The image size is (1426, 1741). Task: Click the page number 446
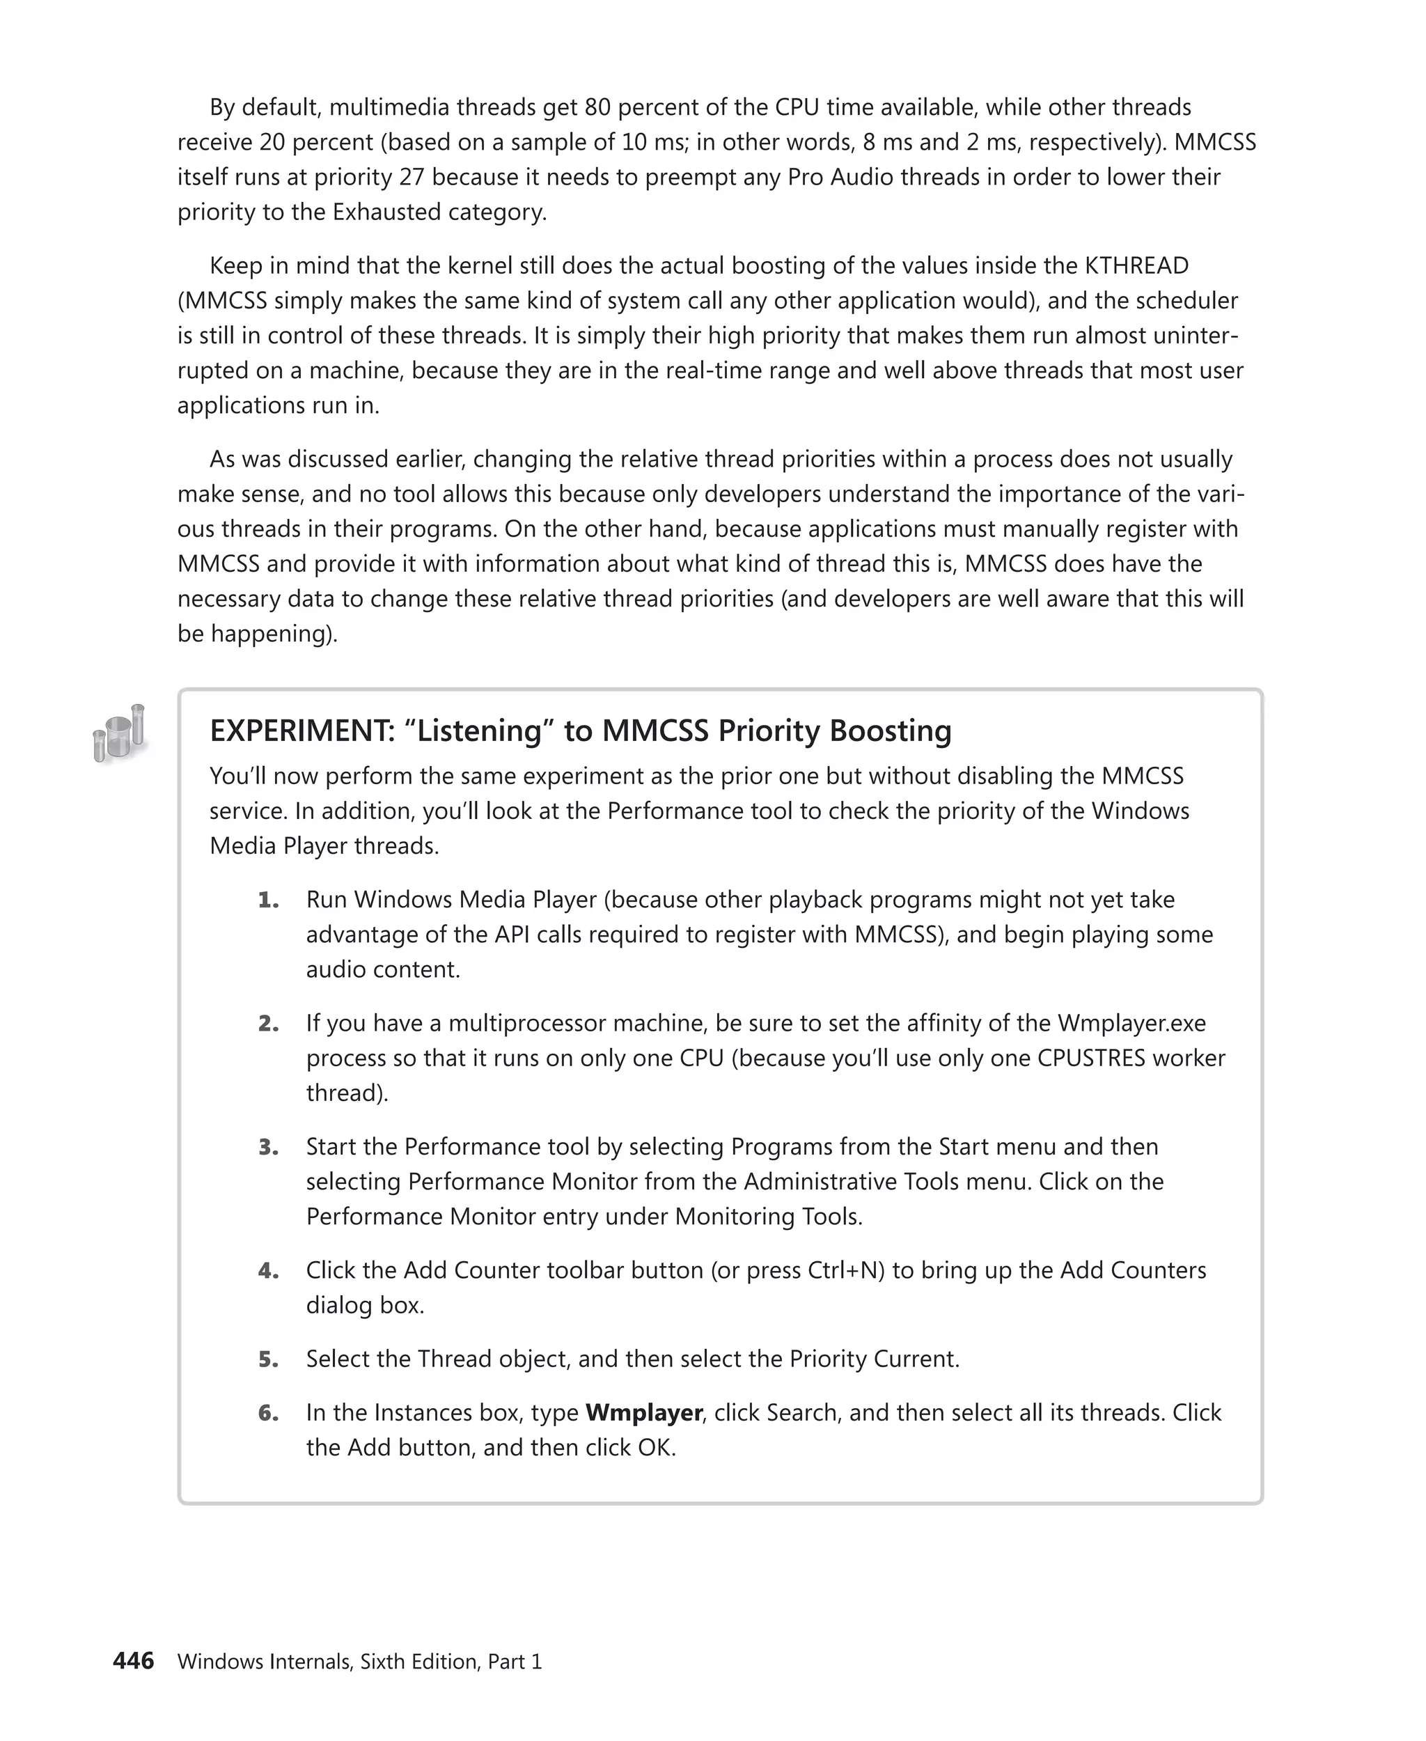[133, 1660]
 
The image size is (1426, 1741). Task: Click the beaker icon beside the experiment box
[120, 732]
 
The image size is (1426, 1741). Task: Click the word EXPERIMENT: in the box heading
[301, 731]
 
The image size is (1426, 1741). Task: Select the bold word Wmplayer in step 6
[643, 1412]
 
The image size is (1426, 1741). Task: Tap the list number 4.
[268, 1270]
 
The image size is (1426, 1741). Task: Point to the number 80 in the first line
[597, 108]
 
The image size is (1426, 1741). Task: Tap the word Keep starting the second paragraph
[235, 266]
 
